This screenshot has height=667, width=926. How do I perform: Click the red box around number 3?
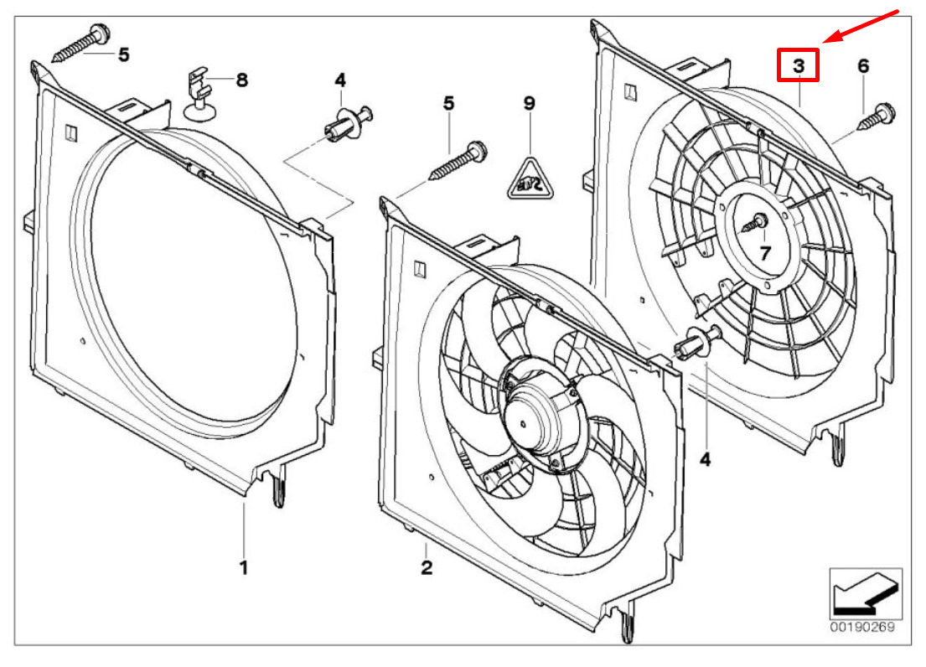point(798,65)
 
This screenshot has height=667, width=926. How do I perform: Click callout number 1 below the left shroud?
point(244,568)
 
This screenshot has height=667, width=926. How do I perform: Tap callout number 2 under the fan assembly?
point(427,568)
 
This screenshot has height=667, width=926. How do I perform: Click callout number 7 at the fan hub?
point(764,252)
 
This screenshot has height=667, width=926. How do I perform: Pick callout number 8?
point(241,80)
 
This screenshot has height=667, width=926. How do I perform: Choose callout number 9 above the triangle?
point(529,103)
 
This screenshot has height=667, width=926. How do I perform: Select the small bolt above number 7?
point(758,222)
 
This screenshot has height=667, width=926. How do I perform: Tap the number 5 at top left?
point(123,55)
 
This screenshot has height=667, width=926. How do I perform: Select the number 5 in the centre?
point(448,103)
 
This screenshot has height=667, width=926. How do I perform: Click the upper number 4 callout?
point(339,80)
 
